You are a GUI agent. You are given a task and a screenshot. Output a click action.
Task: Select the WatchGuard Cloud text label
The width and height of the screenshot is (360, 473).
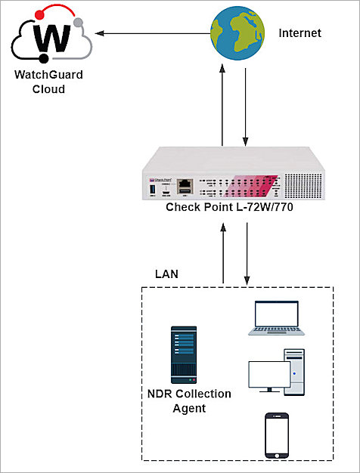coord(50,82)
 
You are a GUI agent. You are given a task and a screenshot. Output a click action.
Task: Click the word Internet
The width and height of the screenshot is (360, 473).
coord(300,33)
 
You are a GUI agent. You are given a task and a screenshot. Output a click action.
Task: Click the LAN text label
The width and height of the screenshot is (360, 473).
coord(166,274)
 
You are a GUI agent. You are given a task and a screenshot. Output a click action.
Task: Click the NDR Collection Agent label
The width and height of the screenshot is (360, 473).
coord(189,402)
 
